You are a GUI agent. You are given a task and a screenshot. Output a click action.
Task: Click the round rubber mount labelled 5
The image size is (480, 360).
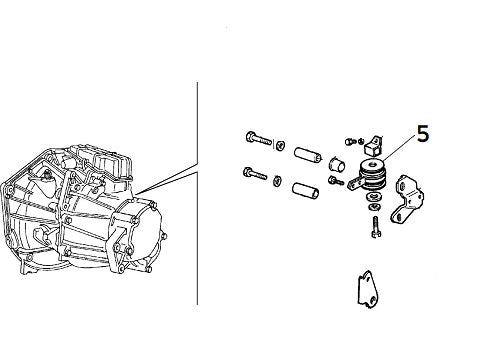click(374, 176)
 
